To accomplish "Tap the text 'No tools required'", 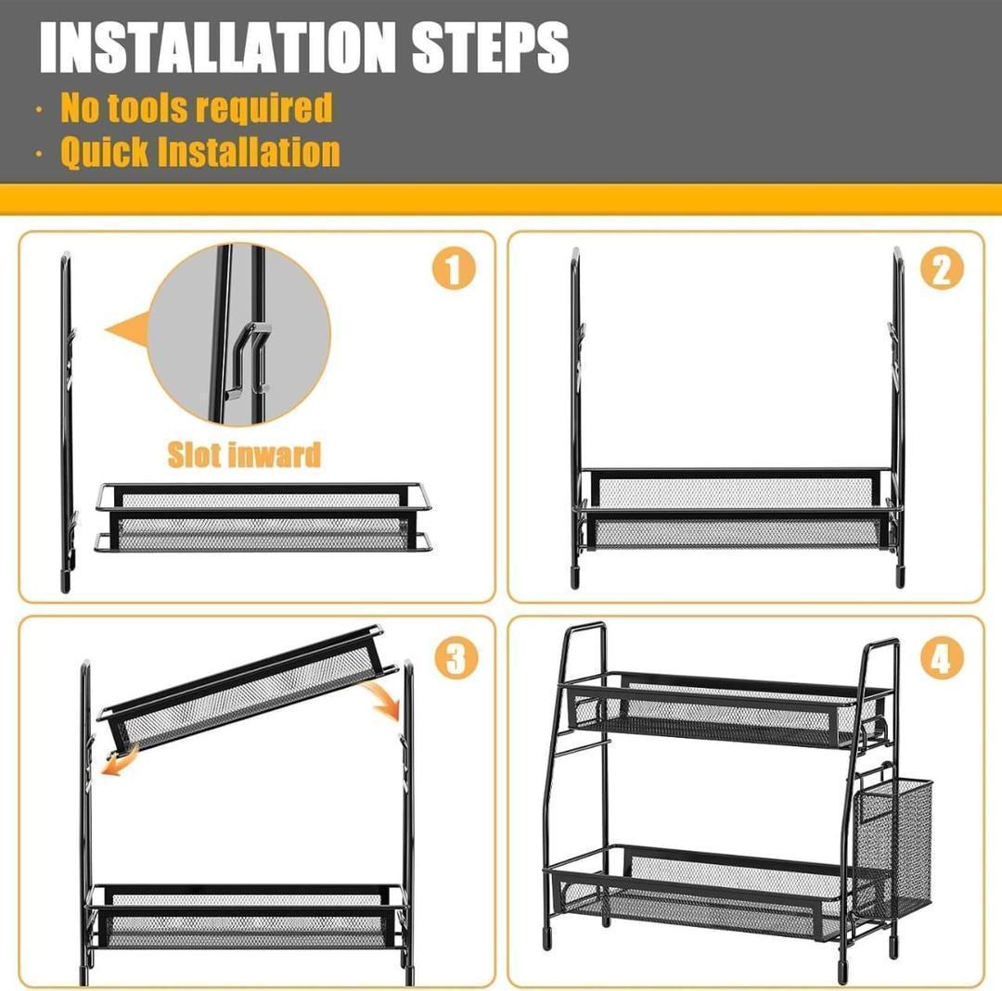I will point(196,108).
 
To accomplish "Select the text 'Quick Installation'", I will point(200,151).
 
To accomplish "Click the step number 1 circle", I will point(453,270).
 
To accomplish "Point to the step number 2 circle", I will point(941,270).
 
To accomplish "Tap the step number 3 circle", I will point(455,658).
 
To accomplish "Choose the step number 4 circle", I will point(941,658).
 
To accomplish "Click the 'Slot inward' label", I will point(244,454).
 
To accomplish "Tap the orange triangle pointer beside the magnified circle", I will point(128,330).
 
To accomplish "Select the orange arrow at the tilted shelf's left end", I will point(118,766).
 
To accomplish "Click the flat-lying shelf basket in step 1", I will point(263,517).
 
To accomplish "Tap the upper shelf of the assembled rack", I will point(724,710).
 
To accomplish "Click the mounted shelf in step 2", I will point(736,510).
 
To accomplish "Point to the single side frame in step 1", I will point(66,422).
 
